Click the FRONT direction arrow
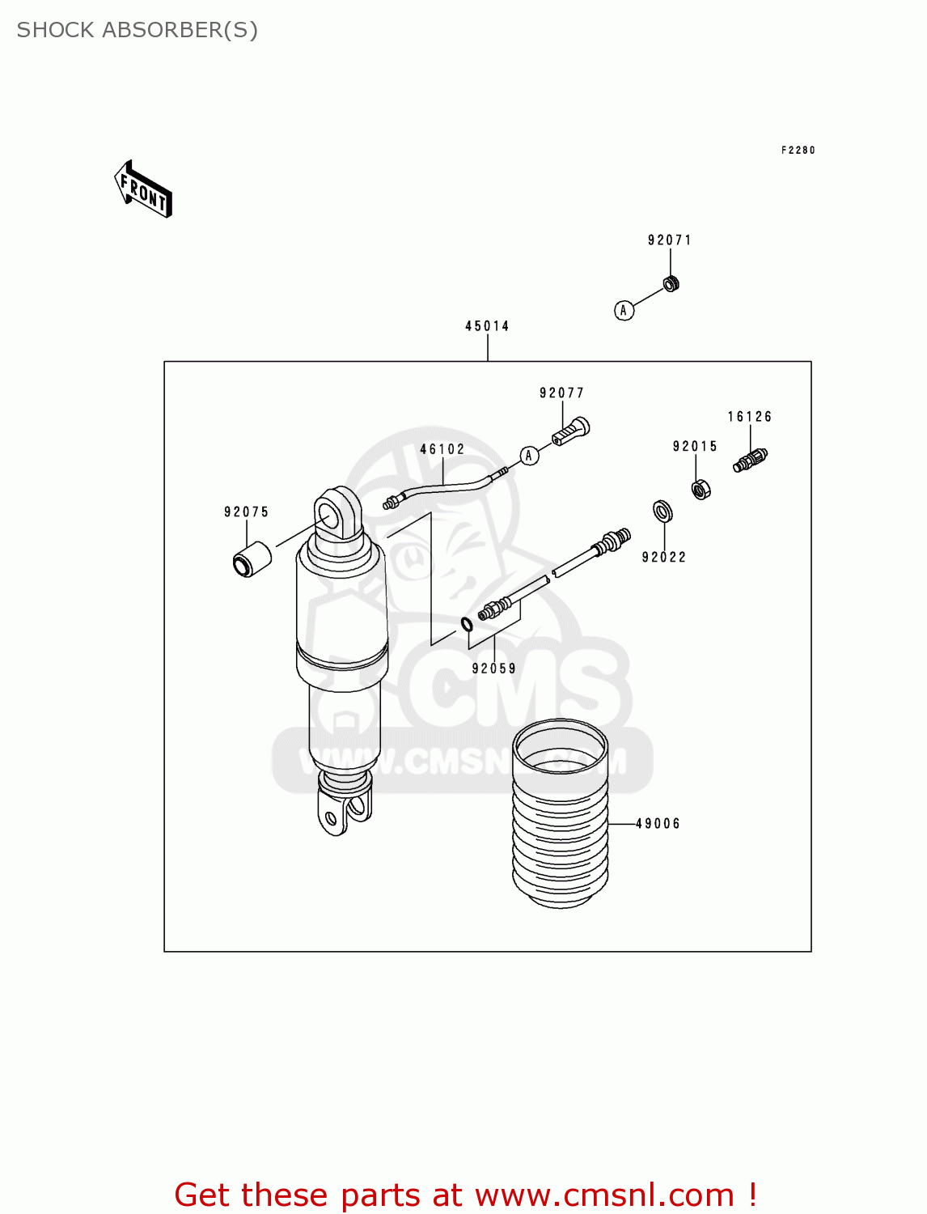pos(143,190)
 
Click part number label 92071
pos(670,240)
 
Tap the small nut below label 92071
pos(671,283)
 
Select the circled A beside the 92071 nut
pos(624,310)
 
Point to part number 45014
pos(487,326)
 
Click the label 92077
pos(561,393)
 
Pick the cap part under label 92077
pos(572,431)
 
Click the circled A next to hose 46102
pos(529,456)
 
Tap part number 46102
pos(442,449)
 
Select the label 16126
pos(750,417)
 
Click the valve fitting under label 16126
pos(751,460)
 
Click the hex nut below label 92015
pos(701,489)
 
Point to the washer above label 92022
pos(662,511)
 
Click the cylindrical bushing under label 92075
pos(252,558)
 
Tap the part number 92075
pos(246,511)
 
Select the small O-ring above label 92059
pos(467,624)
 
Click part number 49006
pos(658,824)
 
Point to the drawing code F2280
pos(798,151)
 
